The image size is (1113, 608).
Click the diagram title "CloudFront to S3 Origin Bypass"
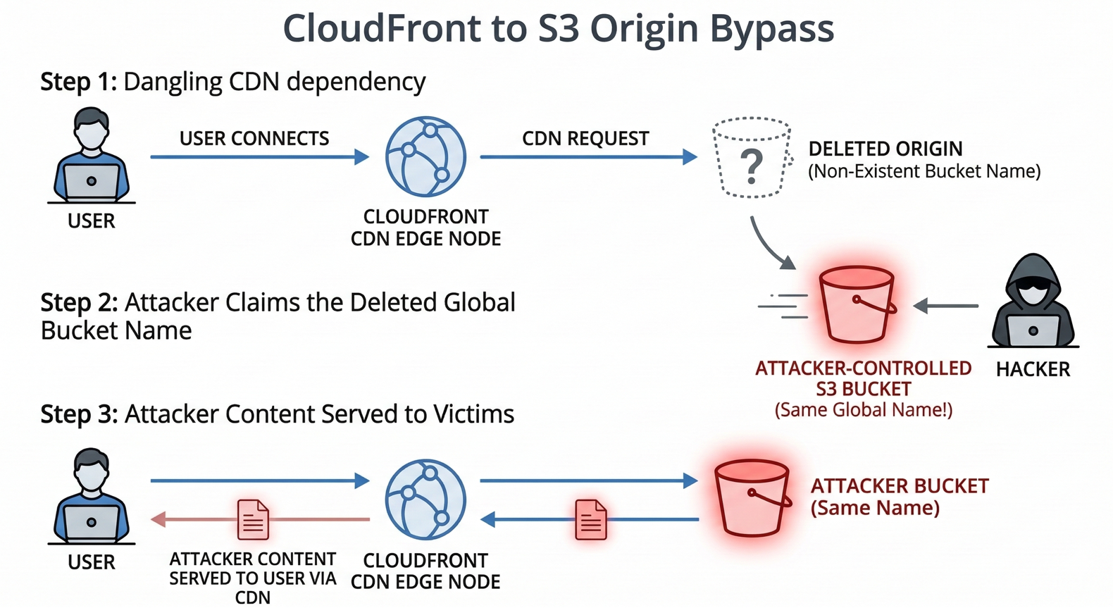[558, 29]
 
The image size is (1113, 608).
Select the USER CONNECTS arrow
[259, 156]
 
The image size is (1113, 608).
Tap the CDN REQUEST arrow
[588, 156]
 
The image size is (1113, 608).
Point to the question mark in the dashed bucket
[752, 166]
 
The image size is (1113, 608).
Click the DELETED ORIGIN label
[885, 149]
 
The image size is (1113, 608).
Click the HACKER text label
[1033, 369]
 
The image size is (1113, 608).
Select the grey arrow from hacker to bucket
[946, 306]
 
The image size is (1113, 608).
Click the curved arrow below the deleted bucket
[770, 244]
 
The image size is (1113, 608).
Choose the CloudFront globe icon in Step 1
[425, 156]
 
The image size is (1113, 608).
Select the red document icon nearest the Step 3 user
[253, 519]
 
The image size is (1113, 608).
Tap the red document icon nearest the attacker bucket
[590, 519]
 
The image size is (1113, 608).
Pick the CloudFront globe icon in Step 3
[425, 500]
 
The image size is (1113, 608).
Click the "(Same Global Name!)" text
[864, 410]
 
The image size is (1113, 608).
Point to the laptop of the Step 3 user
[92, 522]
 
